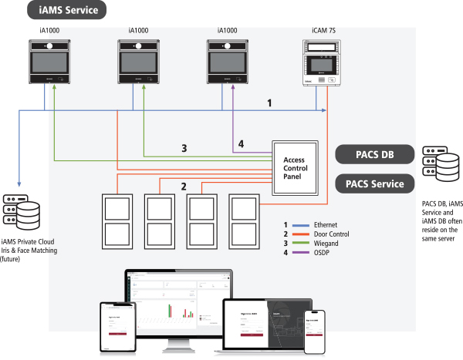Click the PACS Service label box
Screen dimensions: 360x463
pyautogui.click(x=370, y=184)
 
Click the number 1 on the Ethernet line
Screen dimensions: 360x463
pyautogui.click(x=269, y=102)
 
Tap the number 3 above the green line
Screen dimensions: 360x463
pyautogui.click(x=184, y=148)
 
